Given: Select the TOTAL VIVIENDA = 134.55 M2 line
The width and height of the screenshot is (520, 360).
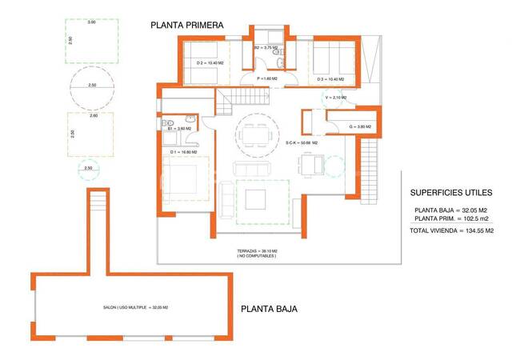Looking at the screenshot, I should [453, 230].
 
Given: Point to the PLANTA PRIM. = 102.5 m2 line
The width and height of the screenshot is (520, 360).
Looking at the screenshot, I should [453, 218].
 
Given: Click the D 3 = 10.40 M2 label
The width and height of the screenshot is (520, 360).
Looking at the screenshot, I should [330, 79].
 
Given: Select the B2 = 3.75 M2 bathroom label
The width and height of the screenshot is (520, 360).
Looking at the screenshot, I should [265, 49].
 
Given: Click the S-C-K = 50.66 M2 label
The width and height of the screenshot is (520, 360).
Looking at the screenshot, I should [302, 142].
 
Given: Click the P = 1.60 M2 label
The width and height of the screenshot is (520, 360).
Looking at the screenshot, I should [266, 79].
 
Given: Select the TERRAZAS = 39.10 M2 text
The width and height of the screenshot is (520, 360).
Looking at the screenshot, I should [256, 251].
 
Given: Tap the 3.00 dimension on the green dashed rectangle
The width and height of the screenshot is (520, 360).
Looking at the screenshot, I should [91, 22].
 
